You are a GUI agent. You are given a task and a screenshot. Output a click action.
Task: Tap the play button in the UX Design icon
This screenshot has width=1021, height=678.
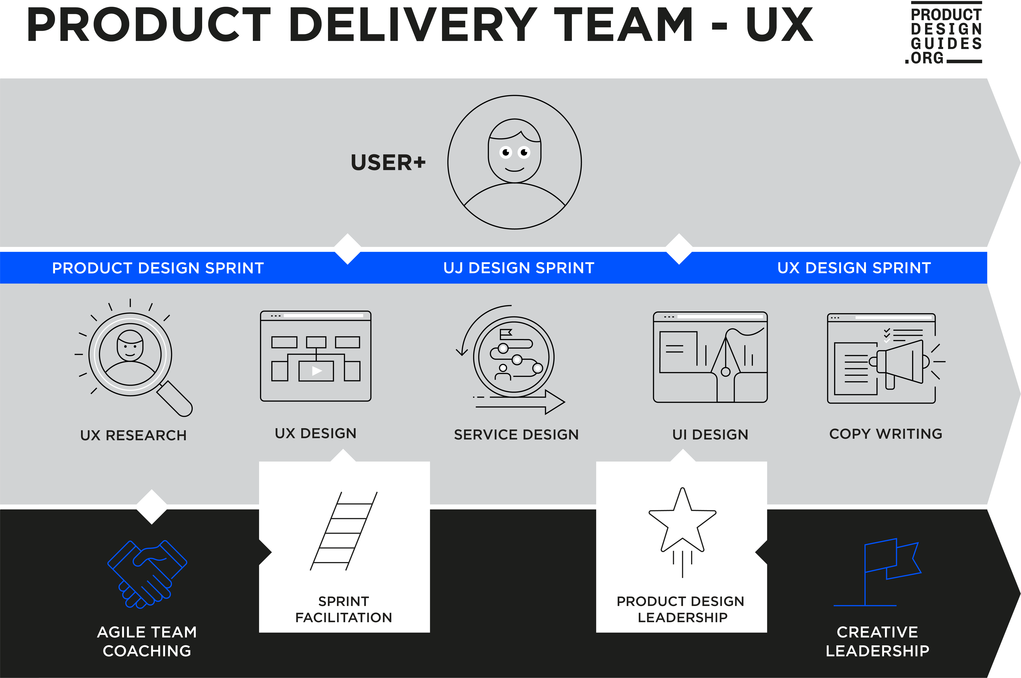coord(317,371)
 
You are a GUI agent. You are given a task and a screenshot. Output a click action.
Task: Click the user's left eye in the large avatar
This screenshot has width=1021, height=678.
coord(506,152)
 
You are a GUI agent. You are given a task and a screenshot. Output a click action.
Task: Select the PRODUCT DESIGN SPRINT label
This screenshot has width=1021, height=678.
coord(158,268)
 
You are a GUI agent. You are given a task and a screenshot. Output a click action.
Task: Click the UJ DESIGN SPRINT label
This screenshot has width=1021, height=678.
coord(519,268)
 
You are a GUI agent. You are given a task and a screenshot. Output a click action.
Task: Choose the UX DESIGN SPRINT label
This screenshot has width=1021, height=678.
coord(854,268)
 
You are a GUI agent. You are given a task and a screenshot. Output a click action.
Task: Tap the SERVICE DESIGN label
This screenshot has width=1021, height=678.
coord(516,435)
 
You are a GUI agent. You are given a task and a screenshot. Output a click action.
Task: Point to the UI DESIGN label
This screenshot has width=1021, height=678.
coord(710,435)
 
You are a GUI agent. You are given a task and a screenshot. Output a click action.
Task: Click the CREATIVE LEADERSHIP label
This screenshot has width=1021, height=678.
coord(877,641)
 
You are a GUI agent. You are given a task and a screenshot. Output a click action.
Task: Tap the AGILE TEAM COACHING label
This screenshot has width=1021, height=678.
coord(147,641)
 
